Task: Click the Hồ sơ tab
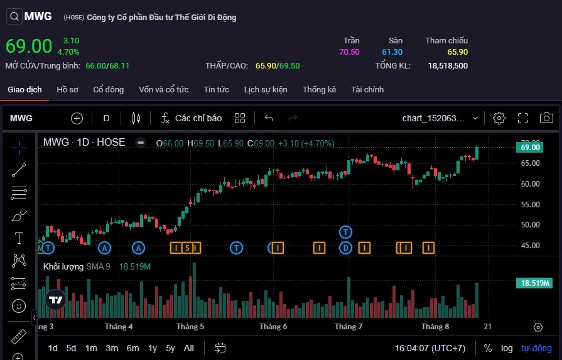[x=67, y=90]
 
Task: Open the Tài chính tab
[x=367, y=90]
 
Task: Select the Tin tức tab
[x=216, y=90]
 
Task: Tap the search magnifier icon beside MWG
[x=14, y=17]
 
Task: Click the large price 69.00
[x=29, y=46]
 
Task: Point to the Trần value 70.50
[x=349, y=52]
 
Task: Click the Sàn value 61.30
[x=392, y=52]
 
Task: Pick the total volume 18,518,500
[x=448, y=65]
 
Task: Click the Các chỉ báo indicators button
[x=191, y=118]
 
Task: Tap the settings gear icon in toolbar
[x=499, y=118]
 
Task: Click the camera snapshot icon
[x=546, y=118]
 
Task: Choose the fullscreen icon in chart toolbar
[x=523, y=118]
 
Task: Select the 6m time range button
[x=132, y=348]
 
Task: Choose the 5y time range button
[x=171, y=348]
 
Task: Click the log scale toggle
[x=507, y=348]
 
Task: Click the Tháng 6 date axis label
[x=273, y=327]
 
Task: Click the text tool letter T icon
[x=19, y=238]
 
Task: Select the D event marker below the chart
[x=345, y=248]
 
